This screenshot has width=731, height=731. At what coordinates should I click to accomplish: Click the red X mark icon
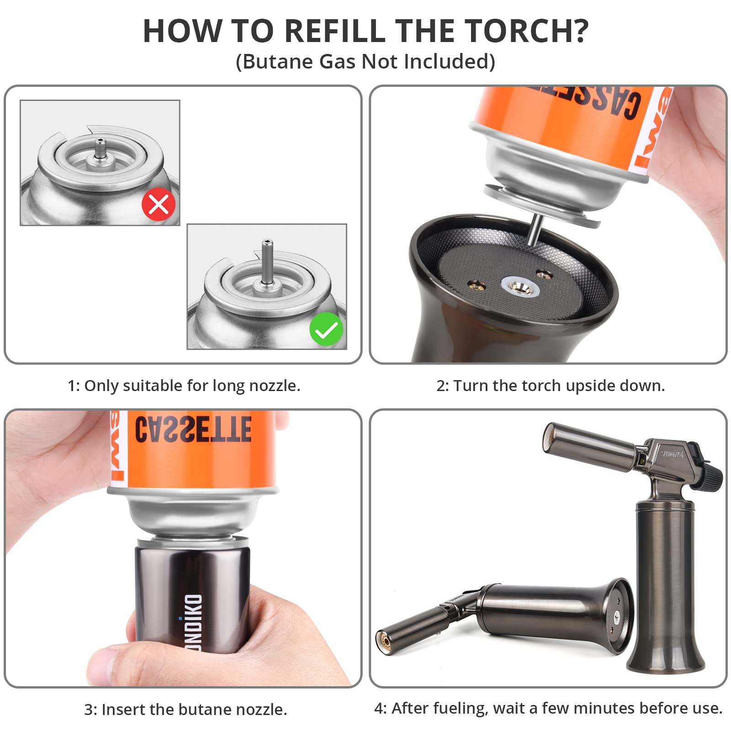[159, 204]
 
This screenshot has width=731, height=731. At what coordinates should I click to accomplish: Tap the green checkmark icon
[326, 329]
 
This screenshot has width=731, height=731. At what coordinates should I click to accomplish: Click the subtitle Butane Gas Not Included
[365, 62]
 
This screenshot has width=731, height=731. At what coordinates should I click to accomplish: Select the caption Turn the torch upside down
[551, 386]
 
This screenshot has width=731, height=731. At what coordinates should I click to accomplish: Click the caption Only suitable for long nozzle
[184, 386]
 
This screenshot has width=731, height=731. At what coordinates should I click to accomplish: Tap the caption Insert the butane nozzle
[185, 709]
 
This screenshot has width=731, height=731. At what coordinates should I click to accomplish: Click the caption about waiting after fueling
[548, 708]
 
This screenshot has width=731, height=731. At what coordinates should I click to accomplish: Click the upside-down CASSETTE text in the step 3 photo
[193, 429]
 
